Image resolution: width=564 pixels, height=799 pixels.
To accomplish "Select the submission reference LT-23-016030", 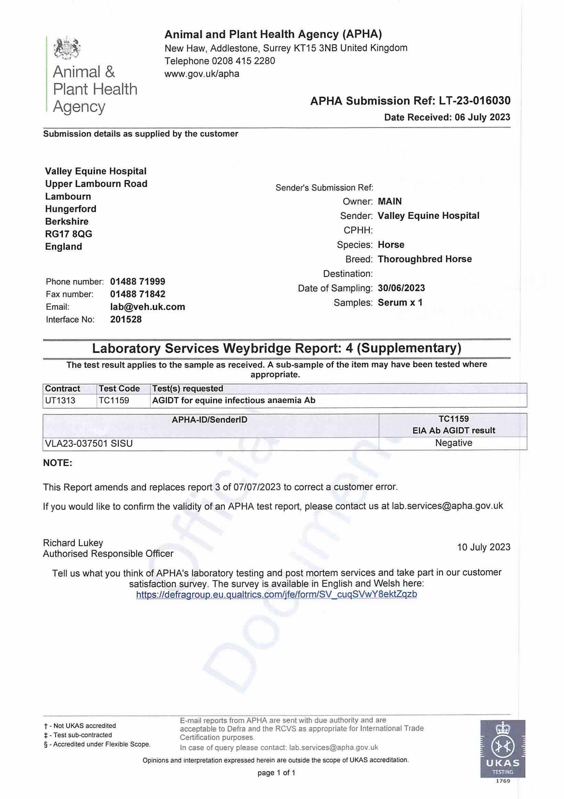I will pyautogui.click(x=474, y=101).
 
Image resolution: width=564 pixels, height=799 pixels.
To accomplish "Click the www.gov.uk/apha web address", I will pyautogui.click(x=202, y=74).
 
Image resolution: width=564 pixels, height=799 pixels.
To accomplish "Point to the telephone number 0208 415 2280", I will pyautogui.click(x=244, y=61).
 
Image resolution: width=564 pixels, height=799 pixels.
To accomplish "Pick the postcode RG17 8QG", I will pyautogui.click(x=69, y=234).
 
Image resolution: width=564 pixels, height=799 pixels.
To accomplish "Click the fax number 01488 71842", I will pyautogui.click(x=138, y=294).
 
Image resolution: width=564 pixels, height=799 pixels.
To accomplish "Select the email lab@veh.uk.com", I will pyautogui.click(x=148, y=306).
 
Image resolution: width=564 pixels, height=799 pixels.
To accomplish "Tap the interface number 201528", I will pyautogui.click(x=126, y=319).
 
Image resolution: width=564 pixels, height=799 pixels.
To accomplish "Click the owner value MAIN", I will pyautogui.click(x=389, y=202).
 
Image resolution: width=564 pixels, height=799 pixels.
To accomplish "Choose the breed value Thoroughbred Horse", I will pyautogui.click(x=425, y=259).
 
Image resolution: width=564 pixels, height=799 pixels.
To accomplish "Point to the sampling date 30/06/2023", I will pyautogui.click(x=401, y=288).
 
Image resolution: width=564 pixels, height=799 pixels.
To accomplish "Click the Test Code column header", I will pyautogui.click(x=119, y=389).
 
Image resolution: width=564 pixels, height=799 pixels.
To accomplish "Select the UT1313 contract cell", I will pyautogui.click(x=60, y=401).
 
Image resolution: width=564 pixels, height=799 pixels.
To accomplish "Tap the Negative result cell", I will pyautogui.click(x=453, y=443).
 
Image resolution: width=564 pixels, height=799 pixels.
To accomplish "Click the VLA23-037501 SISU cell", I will pyautogui.click(x=89, y=444).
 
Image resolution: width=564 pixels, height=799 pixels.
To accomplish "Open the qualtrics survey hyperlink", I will pyautogui.click(x=276, y=594).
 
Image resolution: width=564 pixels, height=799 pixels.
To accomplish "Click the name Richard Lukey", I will pyautogui.click(x=73, y=543).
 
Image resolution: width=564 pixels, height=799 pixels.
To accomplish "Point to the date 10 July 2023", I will pyautogui.click(x=483, y=547).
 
